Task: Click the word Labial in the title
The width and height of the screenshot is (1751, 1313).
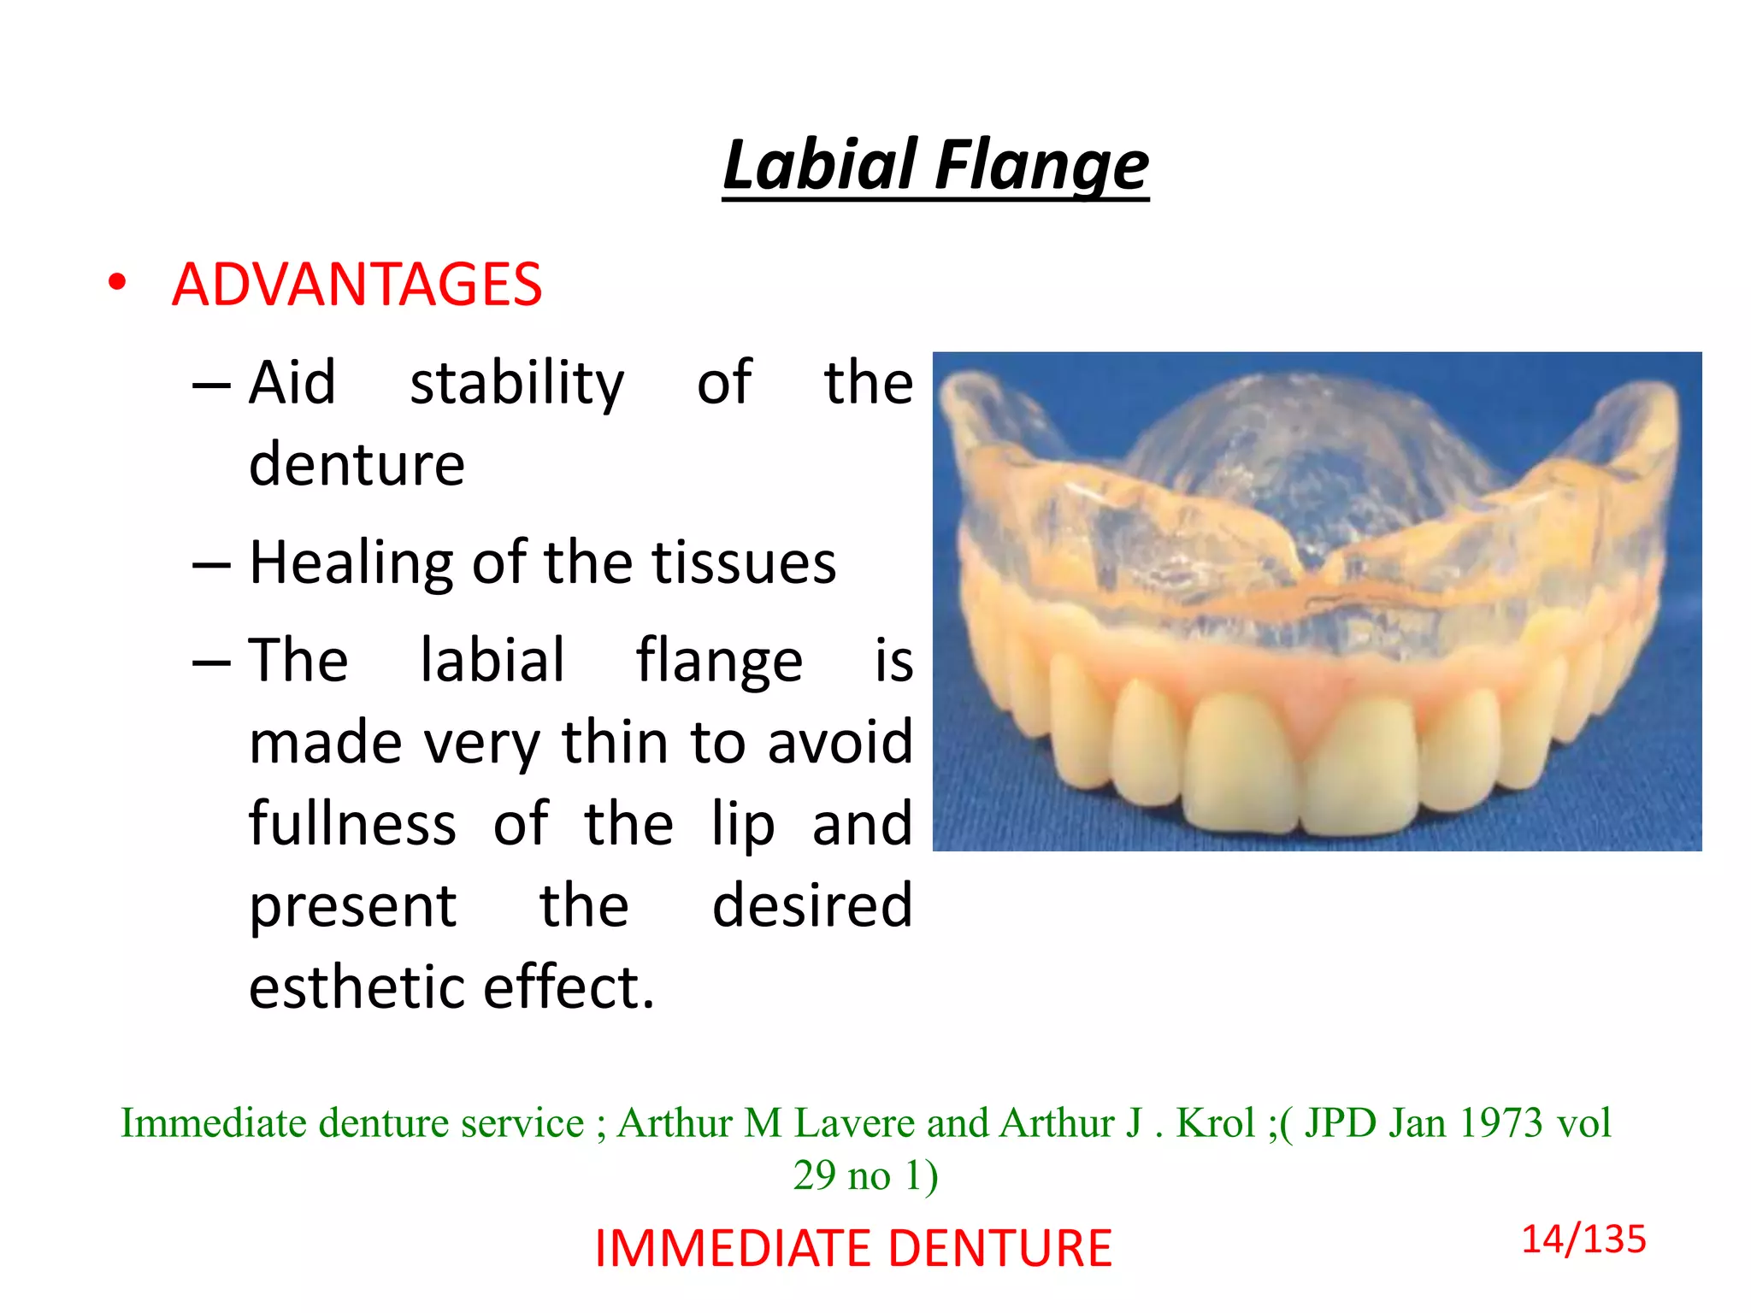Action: point(819,164)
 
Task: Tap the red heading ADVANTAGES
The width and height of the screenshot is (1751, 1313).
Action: point(357,285)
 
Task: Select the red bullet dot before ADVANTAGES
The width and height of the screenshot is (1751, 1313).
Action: point(117,282)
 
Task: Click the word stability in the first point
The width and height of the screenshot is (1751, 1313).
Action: point(516,384)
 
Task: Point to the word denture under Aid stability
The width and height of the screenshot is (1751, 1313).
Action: point(357,464)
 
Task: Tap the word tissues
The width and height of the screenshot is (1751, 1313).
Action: point(743,563)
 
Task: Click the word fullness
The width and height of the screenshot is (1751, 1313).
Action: point(352,823)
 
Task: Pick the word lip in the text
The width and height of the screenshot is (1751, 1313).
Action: point(742,825)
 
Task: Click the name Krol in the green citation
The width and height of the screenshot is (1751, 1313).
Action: point(1215,1122)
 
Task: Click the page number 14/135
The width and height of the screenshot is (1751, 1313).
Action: point(1583,1239)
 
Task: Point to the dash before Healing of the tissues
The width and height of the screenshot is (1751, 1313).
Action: point(211,565)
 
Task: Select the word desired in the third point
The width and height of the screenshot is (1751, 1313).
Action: point(811,905)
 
